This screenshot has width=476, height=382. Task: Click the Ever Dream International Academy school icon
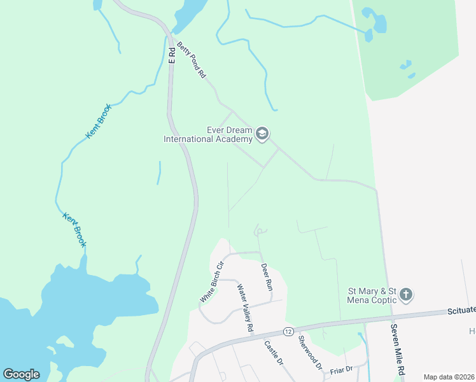point(262,134)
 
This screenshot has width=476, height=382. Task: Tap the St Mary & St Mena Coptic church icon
point(406,295)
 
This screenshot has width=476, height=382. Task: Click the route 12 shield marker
point(288,332)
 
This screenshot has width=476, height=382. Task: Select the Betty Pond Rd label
point(192,60)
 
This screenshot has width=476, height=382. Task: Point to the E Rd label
point(171,55)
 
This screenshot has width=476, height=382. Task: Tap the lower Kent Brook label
point(74,229)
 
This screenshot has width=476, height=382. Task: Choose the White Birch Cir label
point(212,282)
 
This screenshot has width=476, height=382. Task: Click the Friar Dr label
point(340,369)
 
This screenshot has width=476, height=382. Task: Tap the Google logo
point(21,374)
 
